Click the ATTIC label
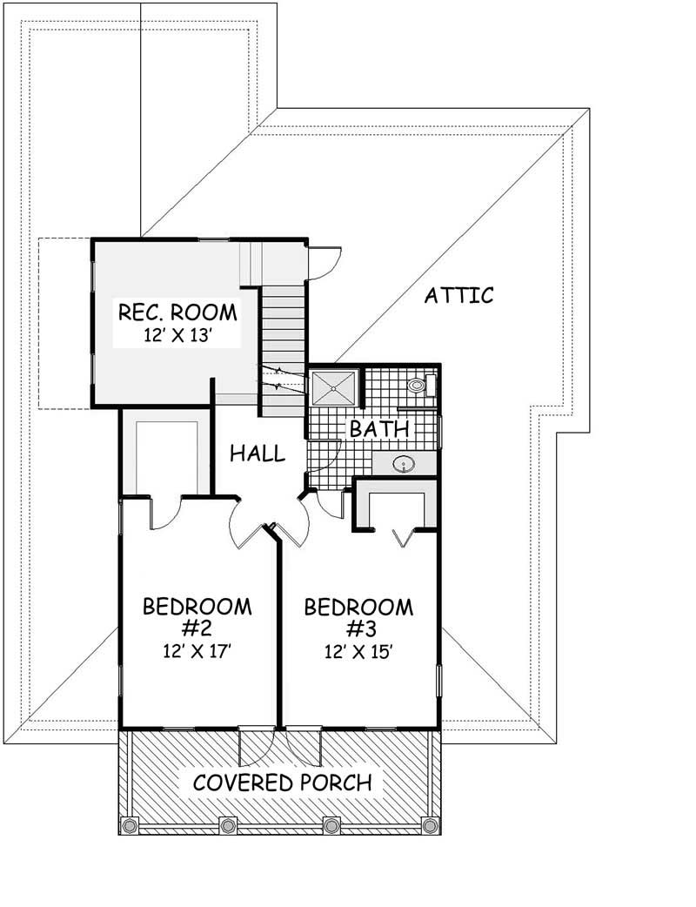tap(459, 295)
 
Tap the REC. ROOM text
tap(177, 312)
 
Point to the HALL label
tap(258, 453)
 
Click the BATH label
tap(379, 429)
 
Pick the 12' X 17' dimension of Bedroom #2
tap(197, 652)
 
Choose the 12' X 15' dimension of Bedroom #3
tap(359, 653)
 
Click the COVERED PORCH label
tap(282, 783)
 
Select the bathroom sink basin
tap(403, 464)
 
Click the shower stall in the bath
tap(334, 387)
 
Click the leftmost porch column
tap(130, 825)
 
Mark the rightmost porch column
tap(430, 825)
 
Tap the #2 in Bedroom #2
tap(197, 628)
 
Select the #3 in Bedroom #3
tap(359, 629)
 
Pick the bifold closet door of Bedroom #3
tap(403, 537)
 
